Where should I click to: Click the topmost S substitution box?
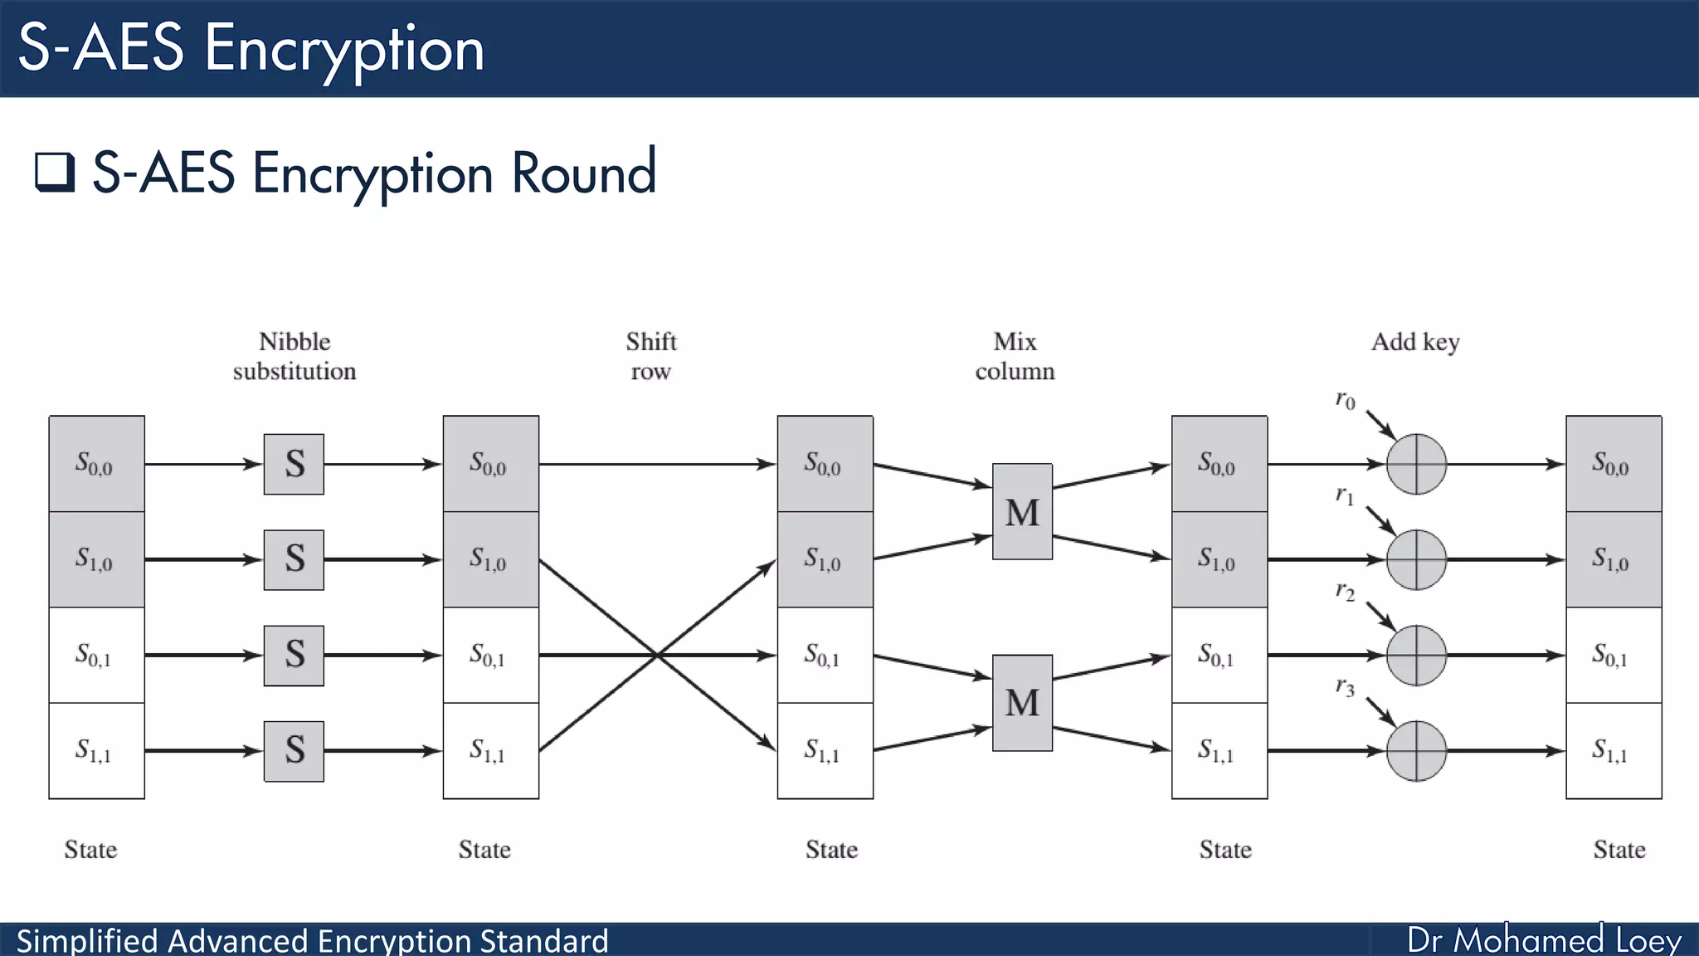click(294, 464)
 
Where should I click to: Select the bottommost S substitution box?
click(294, 751)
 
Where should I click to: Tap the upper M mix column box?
click(1022, 511)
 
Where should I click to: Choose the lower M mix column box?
click(1022, 703)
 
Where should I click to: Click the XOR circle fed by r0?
click(1416, 464)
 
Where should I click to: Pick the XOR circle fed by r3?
click(1416, 751)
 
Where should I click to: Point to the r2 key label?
click(1345, 592)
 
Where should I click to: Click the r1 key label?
click(1345, 496)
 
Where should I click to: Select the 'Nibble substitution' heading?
click(295, 356)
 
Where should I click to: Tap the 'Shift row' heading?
click(651, 356)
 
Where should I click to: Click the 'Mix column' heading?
click(1015, 356)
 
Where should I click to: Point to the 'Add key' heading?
click(1415, 342)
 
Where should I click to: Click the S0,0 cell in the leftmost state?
click(96, 464)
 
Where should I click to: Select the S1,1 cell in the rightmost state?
click(1613, 751)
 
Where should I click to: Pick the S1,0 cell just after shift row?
click(825, 559)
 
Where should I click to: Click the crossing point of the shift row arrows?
click(656, 656)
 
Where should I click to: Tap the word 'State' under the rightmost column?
click(1619, 850)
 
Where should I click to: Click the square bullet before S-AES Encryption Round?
click(55, 172)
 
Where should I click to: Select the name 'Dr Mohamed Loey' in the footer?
click(1544, 940)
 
